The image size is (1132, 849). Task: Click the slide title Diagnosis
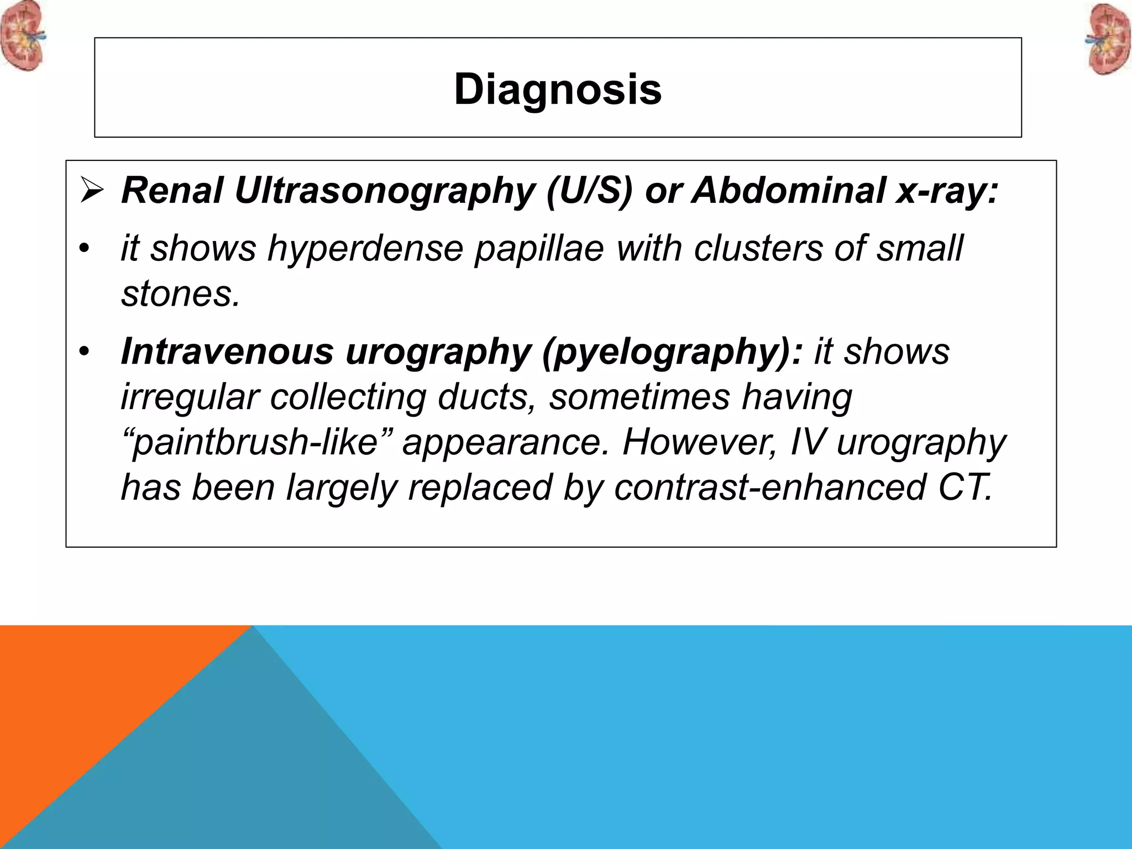(x=558, y=90)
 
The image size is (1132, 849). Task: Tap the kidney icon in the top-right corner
(x=1110, y=40)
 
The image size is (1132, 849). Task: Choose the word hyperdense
(x=365, y=248)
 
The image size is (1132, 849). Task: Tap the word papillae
(x=539, y=249)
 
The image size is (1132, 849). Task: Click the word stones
(x=180, y=294)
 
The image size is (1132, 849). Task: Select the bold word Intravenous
(x=227, y=352)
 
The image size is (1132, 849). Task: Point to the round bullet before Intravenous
(x=83, y=352)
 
